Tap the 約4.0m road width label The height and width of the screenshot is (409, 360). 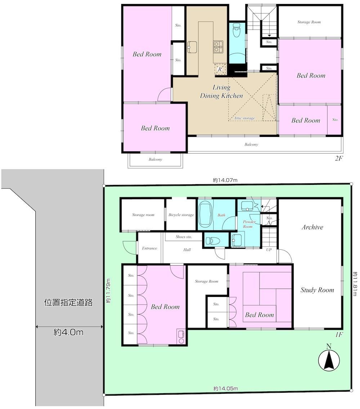coord(68,332)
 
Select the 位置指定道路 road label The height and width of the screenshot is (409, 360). coord(68,302)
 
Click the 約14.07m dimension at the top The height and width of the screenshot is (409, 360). coord(225,180)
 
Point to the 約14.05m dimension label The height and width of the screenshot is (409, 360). coord(226,388)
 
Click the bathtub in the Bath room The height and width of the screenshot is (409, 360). coord(206,215)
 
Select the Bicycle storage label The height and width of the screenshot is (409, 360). coord(181,215)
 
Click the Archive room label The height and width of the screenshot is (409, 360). coord(312,227)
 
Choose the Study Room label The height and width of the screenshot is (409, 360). coord(317,290)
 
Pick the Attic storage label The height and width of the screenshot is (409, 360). coord(244,118)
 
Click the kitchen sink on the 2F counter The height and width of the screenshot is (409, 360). coord(192,47)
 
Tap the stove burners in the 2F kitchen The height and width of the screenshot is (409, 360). coord(218,47)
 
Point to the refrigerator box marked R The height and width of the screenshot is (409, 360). coord(220,69)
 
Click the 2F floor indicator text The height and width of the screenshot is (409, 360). coord(339,158)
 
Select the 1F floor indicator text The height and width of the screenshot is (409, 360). coord(339,335)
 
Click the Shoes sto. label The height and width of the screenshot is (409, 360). coord(184,237)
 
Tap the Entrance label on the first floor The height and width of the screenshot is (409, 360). coord(150,248)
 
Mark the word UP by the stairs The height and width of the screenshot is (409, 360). coord(269,250)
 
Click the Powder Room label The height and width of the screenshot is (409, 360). coord(249,224)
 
